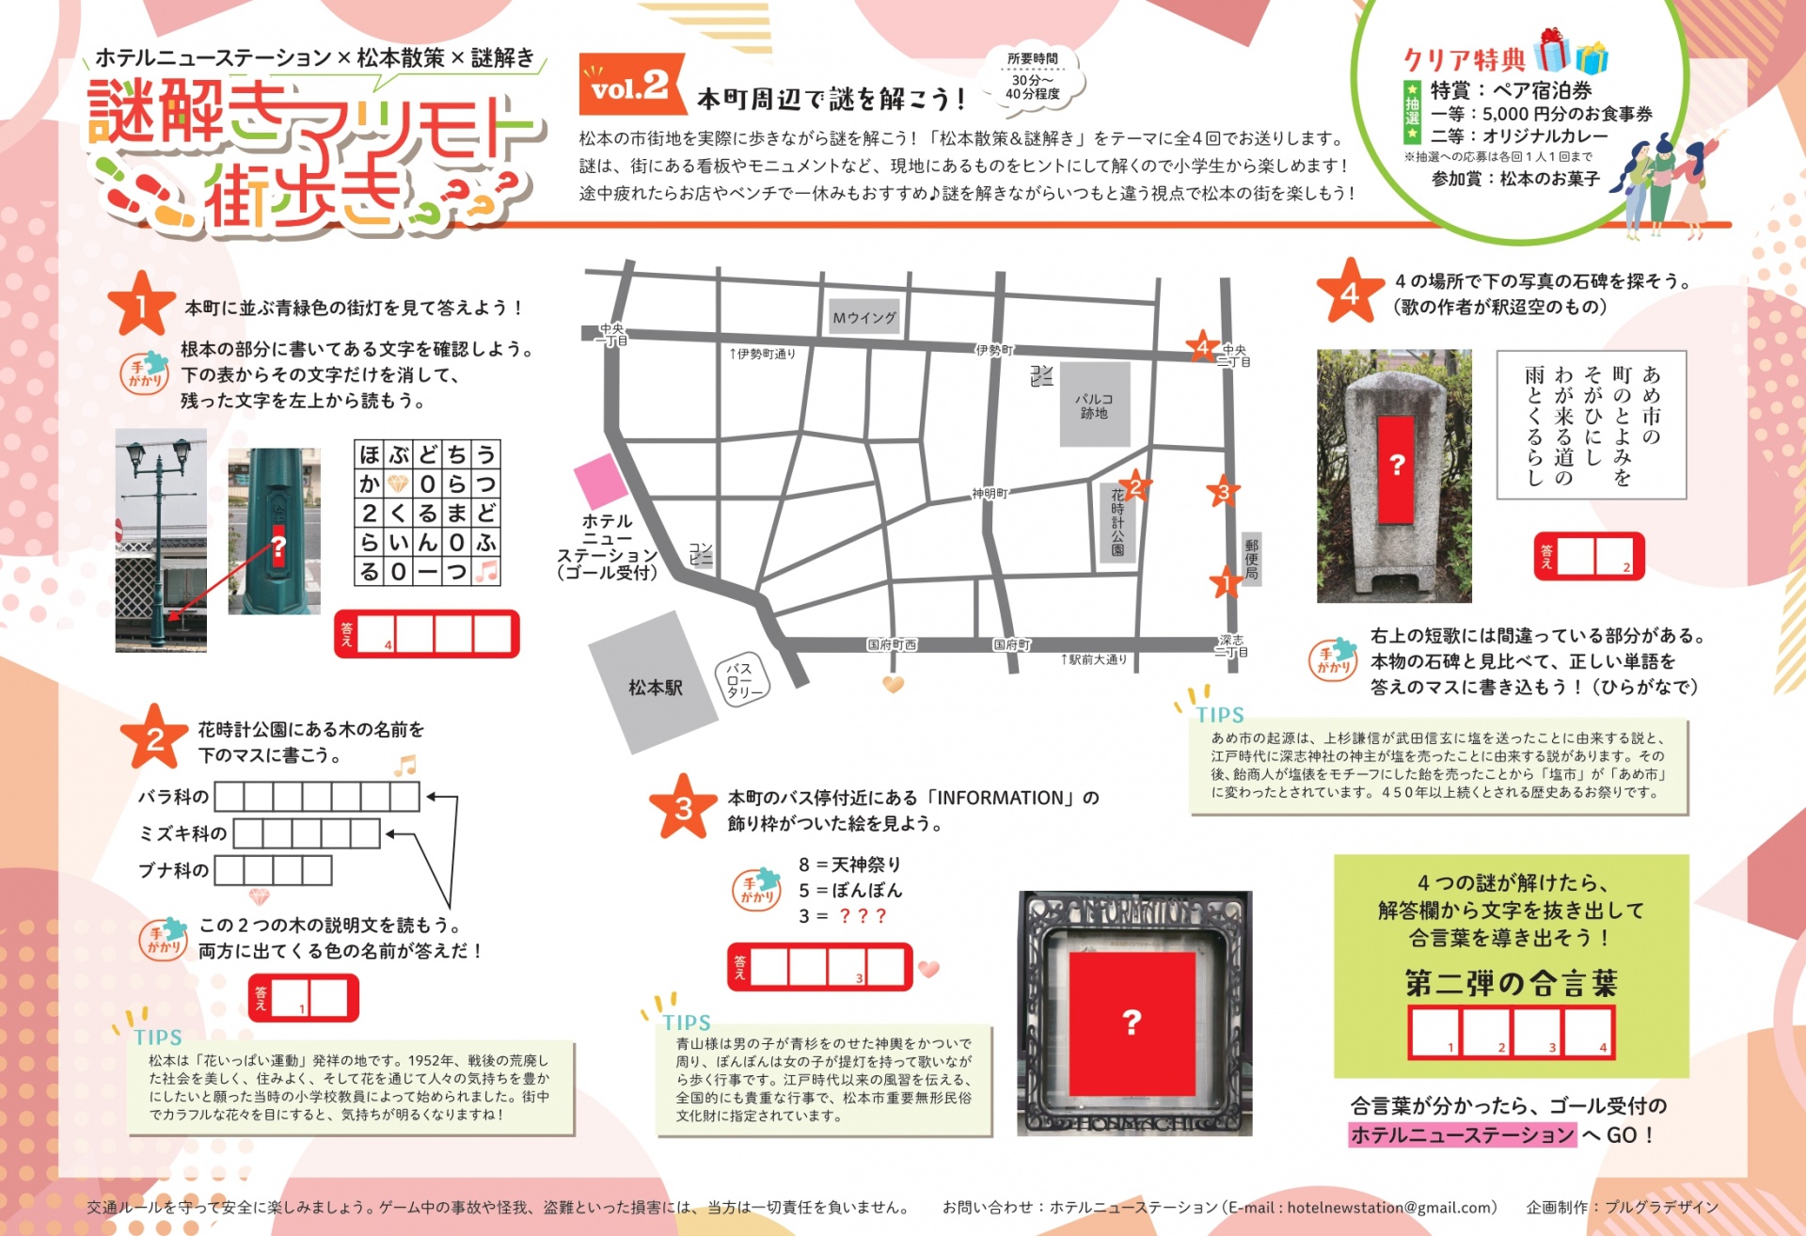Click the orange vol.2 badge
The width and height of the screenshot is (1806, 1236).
pyautogui.click(x=630, y=87)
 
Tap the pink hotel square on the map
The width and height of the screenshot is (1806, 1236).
pyautogui.click(x=600, y=481)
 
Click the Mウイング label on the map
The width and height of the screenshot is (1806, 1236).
pyautogui.click(x=864, y=318)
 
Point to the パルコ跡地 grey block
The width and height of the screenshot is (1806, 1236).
pyautogui.click(x=1094, y=404)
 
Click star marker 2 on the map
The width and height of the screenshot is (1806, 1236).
pyautogui.click(x=1135, y=486)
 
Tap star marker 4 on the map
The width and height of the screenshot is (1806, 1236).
pyautogui.click(x=1202, y=347)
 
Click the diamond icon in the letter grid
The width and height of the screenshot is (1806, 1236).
pyautogui.click(x=399, y=483)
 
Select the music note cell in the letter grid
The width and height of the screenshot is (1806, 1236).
pyautogui.click(x=485, y=571)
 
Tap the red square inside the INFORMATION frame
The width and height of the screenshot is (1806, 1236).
pyautogui.click(x=1132, y=1021)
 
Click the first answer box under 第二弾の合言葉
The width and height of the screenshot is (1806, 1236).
pyautogui.click(x=1434, y=1032)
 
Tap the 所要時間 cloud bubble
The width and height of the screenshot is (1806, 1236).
pyautogui.click(x=1033, y=77)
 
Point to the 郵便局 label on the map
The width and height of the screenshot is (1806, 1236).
pyautogui.click(x=1251, y=559)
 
